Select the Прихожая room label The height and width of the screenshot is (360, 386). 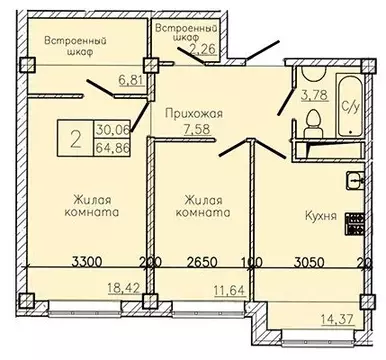[x=192, y=114]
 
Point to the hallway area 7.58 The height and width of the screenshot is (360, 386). [x=193, y=128]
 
